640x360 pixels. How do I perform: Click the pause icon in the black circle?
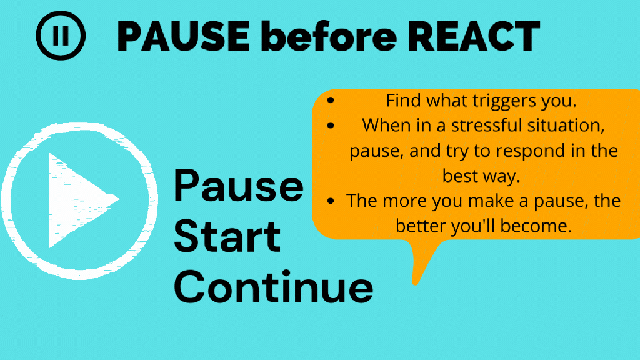(x=61, y=36)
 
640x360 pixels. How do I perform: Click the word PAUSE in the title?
(x=183, y=36)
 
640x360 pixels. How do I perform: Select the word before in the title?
(x=328, y=36)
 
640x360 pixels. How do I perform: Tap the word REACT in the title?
(x=474, y=36)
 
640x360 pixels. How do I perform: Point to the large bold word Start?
(x=227, y=237)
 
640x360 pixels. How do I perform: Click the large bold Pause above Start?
(x=239, y=186)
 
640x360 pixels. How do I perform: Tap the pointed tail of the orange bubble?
(x=416, y=282)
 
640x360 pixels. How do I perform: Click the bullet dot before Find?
(x=331, y=100)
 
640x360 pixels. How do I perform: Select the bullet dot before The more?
(x=331, y=201)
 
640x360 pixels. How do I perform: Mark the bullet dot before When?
(x=331, y=125)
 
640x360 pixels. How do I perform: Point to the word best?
(x=461, y=176)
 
